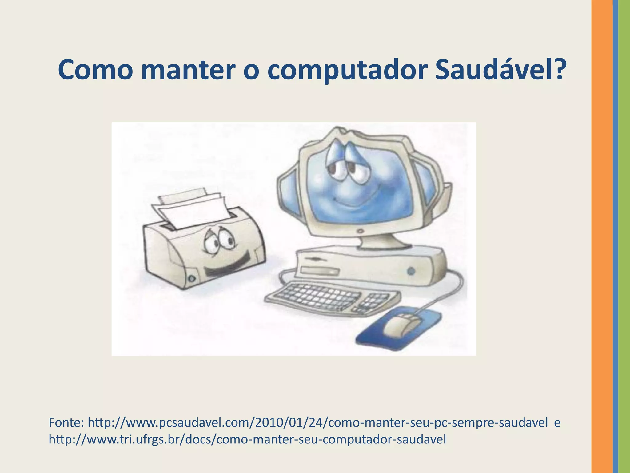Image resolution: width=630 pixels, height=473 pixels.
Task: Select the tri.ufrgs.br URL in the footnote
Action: coord(247,439)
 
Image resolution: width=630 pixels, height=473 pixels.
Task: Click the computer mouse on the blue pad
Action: coord(400,325)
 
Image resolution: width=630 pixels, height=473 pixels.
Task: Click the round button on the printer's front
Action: coord(192,278)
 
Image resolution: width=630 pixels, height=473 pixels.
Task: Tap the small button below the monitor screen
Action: coord(360,231)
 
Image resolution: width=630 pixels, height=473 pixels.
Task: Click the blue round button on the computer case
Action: coord(411,271)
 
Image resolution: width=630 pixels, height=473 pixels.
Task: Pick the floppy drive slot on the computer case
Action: coord(320,271)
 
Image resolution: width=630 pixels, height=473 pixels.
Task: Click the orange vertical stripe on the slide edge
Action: coord(602,236)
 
